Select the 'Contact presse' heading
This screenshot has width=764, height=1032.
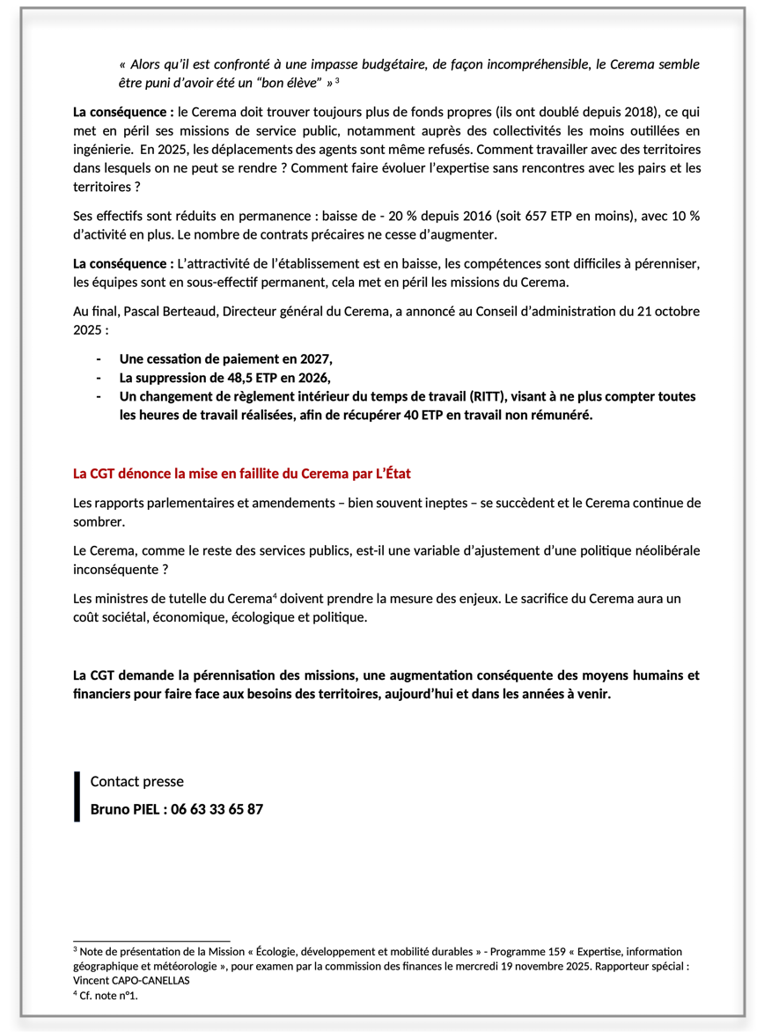point(136,781)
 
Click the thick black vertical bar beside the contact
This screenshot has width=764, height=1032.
point(77,796)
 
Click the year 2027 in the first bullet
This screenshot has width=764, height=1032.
point(313,359)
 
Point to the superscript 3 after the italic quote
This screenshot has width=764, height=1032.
point(337,81)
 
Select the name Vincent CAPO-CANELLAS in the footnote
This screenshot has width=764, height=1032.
point(132,980)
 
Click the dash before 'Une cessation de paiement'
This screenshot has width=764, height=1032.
point(99,359)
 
